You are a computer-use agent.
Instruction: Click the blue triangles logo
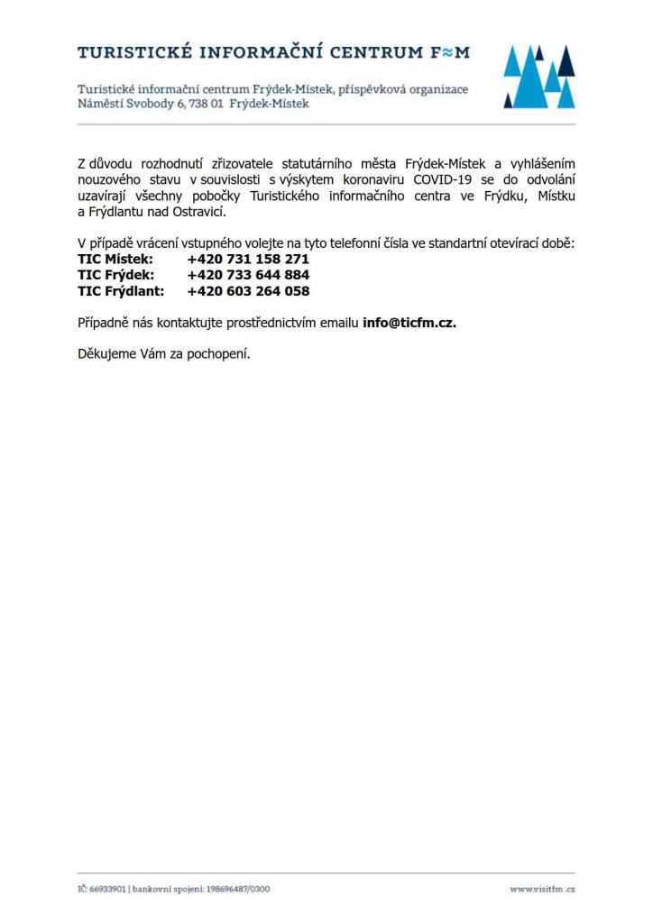(x=538, y=76)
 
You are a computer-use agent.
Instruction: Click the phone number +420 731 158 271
(x=248, y=259)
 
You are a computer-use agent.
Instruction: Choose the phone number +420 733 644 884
(x=248, y=275)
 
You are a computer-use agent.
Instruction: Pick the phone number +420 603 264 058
(x=248, y=291)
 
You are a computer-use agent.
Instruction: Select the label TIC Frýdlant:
(x=121, y=291)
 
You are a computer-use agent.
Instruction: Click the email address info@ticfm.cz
(x=409, y=323)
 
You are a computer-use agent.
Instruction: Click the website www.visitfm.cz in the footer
(x=542, y=889)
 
